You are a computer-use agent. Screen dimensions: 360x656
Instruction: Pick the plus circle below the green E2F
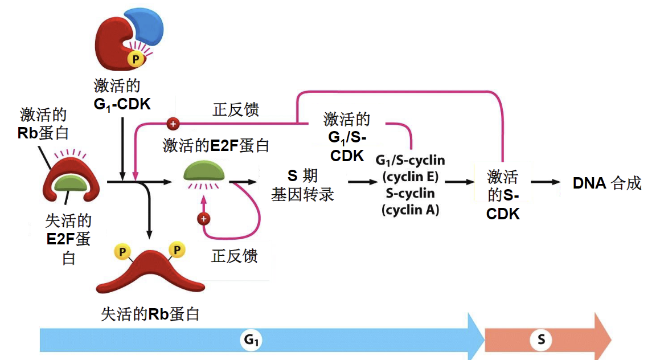[203, 219]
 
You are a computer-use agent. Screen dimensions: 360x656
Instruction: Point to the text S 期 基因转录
[302, 185]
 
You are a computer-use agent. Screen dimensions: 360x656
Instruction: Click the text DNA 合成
[607, 183]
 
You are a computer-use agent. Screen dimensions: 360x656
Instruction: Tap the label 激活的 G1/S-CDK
[347, 137]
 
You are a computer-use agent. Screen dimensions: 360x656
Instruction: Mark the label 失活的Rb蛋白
[150, 313]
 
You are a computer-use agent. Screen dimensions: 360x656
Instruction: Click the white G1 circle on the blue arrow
[252, 341]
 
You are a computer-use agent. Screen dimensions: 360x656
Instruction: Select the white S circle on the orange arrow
[540, 341]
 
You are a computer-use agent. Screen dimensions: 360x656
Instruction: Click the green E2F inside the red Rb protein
[71, 182]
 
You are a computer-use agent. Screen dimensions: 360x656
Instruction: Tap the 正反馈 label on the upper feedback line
[236, 109]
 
